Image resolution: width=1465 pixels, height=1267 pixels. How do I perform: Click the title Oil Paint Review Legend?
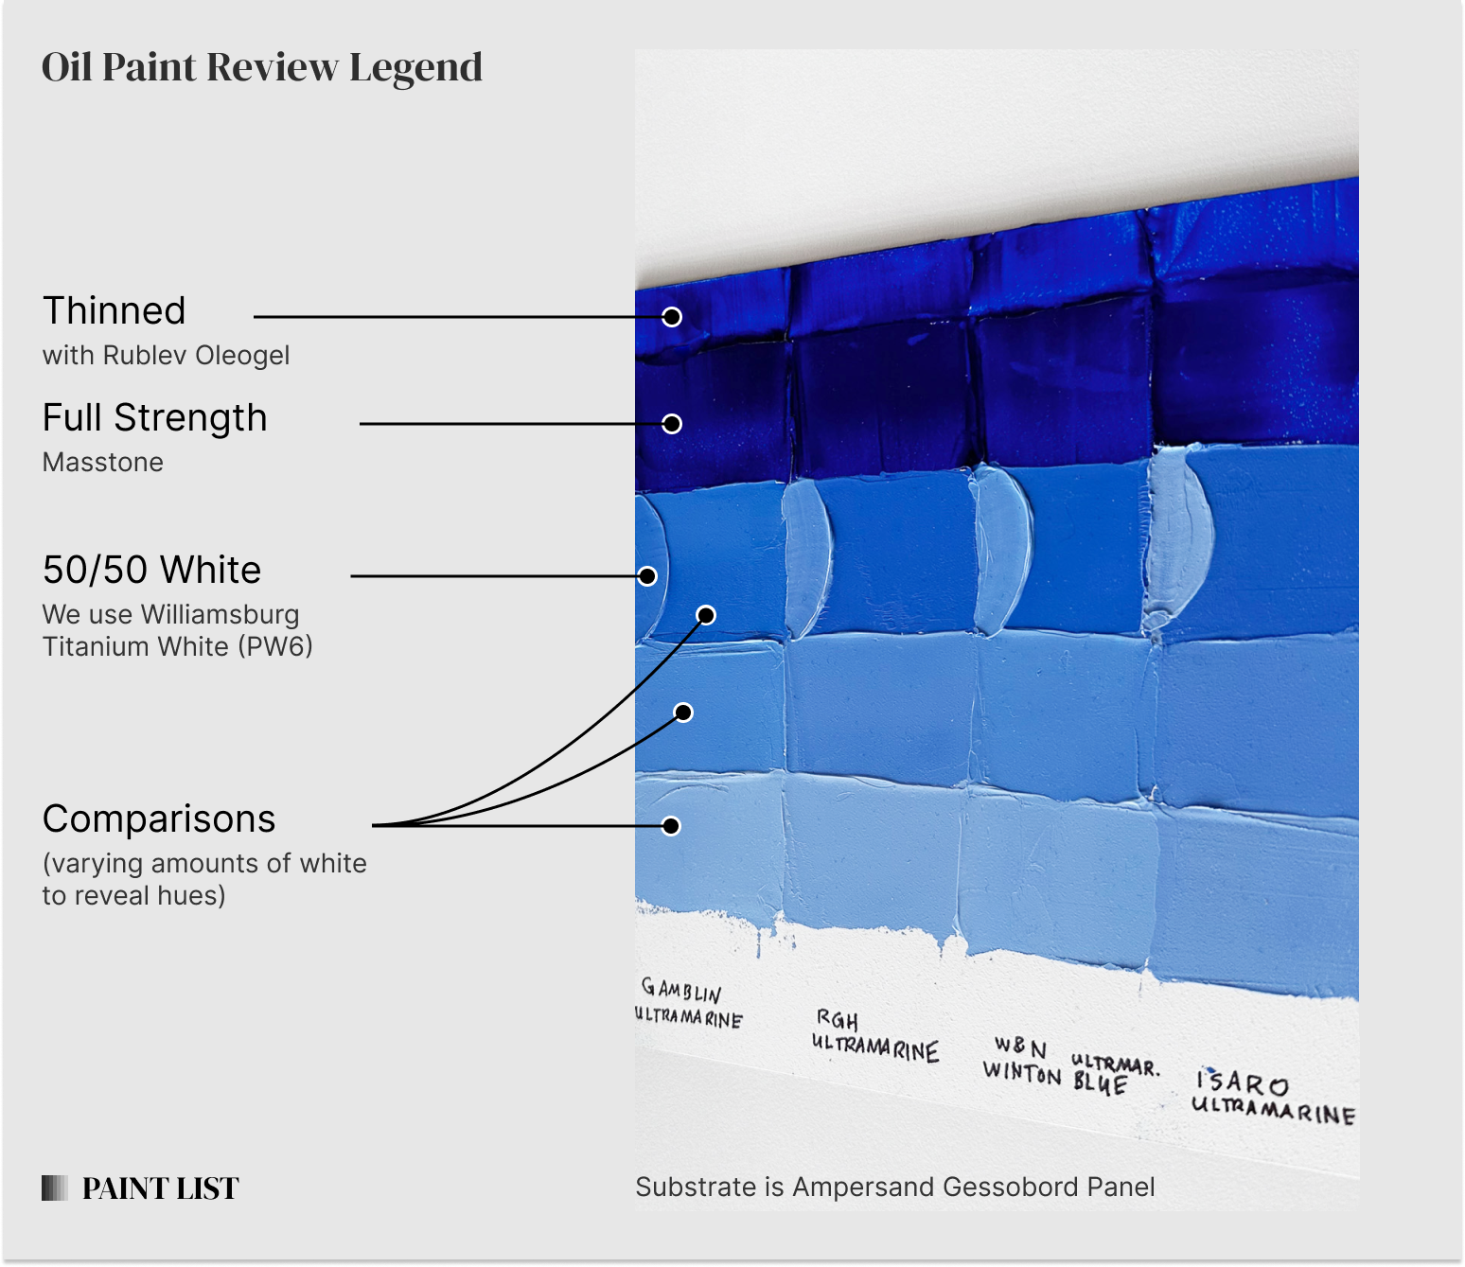click(262, 68)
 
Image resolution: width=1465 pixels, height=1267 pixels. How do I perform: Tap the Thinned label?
click(115, 311)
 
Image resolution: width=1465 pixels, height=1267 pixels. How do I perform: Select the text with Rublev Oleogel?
click(166, 356)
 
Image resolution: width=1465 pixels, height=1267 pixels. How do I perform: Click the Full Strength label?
click(154, 418)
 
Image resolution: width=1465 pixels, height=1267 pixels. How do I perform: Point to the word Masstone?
click(102, 463)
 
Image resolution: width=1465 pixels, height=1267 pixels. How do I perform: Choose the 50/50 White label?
click(151, 571)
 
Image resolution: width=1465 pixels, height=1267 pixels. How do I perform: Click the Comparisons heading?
click(159, 819)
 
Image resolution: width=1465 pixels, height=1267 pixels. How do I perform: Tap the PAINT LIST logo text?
click(160, 1188)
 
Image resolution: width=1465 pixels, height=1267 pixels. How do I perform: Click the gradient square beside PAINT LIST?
click(55, 1188)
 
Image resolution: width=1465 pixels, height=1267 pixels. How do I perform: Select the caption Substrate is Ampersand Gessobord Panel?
click(894, 1188)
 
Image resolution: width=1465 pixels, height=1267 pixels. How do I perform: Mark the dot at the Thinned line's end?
click(672, 317)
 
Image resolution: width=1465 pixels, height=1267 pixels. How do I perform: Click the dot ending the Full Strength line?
click(672, 424)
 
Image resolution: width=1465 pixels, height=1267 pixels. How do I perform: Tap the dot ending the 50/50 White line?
click(647, 575)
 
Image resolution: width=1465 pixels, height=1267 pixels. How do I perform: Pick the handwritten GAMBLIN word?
click(681, 991)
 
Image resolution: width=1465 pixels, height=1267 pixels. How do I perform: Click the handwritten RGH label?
click(838, 1020)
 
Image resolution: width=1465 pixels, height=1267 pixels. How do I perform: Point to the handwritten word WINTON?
click(1022, 1072)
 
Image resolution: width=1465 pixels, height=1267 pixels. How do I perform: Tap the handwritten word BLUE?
click(1100, 1083)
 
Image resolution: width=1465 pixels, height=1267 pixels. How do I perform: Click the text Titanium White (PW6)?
click(177, 647)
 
